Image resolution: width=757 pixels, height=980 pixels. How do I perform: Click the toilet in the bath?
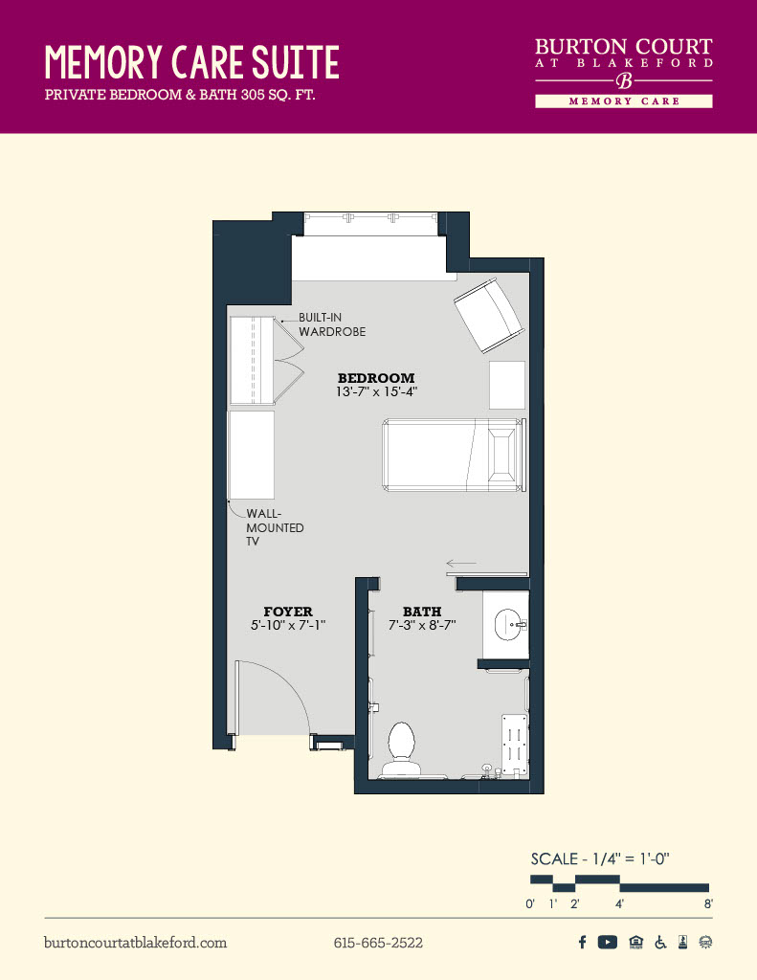coord(401,748)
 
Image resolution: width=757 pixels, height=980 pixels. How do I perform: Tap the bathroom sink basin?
coord(507,624)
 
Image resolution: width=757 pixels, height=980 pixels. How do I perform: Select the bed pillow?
coord(503,455)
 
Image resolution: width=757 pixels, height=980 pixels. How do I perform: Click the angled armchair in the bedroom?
coord(489,316)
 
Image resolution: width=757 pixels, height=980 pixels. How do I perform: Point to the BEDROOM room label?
coord(376,378)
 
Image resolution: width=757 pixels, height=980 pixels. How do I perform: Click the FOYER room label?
coord(288,612)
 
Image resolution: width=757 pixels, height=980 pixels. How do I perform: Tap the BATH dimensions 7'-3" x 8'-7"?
coord(422,625)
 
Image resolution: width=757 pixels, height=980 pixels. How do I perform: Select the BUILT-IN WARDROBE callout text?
coord(332,325)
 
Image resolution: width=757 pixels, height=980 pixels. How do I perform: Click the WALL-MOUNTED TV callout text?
coord(275,527)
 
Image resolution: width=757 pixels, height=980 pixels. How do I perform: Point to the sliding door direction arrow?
coord(461,563)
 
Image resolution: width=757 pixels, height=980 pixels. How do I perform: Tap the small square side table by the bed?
coord(507,385)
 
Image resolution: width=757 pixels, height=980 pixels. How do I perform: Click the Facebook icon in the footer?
coord(582,942)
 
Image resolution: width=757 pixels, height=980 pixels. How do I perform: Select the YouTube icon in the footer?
coord(607,942)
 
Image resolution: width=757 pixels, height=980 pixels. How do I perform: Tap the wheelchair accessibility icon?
coord(660,942)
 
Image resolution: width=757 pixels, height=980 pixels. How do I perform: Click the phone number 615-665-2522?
coord(378,943)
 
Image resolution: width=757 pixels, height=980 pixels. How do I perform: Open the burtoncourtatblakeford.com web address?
coord(136,943)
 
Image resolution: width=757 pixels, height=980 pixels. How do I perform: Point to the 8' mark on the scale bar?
coord(708,903)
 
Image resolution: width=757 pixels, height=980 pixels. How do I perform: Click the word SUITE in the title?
coord(296,62)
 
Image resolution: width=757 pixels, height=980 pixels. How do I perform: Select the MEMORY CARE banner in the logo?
coord(624,101)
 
